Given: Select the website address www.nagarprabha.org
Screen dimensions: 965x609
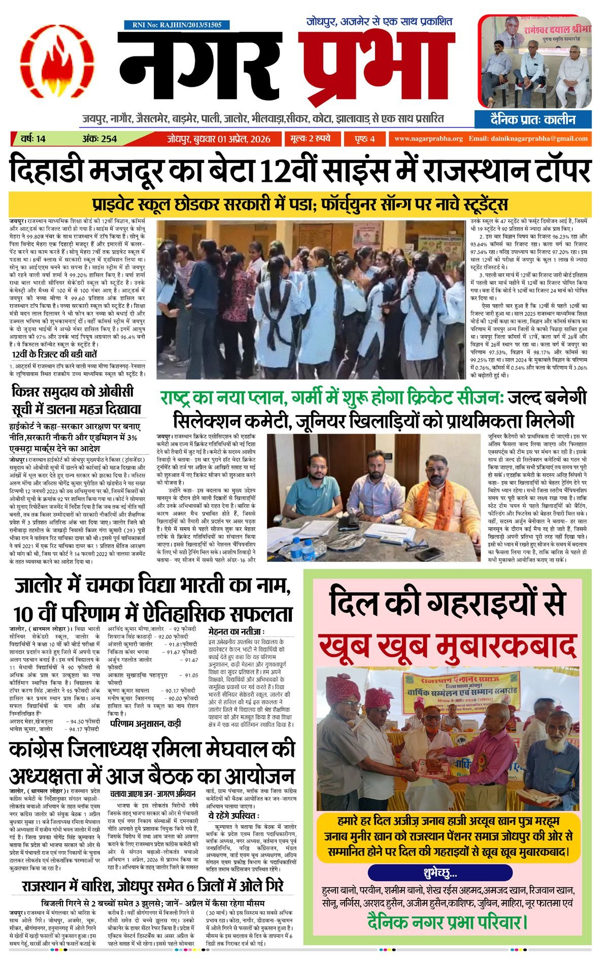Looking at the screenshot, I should pos(428,139).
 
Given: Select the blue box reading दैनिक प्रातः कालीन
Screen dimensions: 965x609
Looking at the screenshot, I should pos(533,120).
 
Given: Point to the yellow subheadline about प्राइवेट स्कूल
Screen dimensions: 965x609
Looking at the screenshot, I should pos(300,205).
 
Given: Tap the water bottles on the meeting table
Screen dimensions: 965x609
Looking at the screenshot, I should pos(302,549).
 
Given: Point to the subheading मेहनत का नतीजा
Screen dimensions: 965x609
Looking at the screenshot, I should pos(236,631).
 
